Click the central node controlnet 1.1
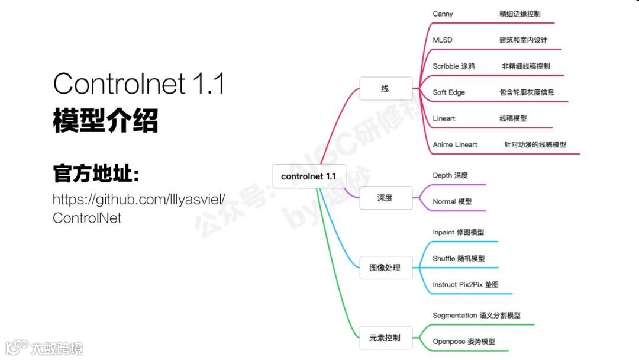[x=308, y=176]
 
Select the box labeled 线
[x=385, y=89]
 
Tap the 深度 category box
[x=385, y=198]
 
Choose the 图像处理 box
[x=385, y=268]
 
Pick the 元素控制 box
[x=385, y=337]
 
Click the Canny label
[x=443, y=14]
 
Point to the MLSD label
[x=443, y=40]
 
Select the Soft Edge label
[x=449, y=92]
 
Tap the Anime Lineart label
[x=455, y=144]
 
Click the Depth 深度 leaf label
[x=450, y=176]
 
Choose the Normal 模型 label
[x=452, y=202]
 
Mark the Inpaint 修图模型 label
[x=458, y=233]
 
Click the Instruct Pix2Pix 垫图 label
[x=466, y=285]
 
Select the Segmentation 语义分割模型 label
[x=476, y=316]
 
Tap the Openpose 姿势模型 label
[x=464, y=342]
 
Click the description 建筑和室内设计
[x=524, y=40]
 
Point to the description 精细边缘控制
[x=520, y=14]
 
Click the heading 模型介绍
[x=106, y=121]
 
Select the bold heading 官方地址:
[x=96, y=175]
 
